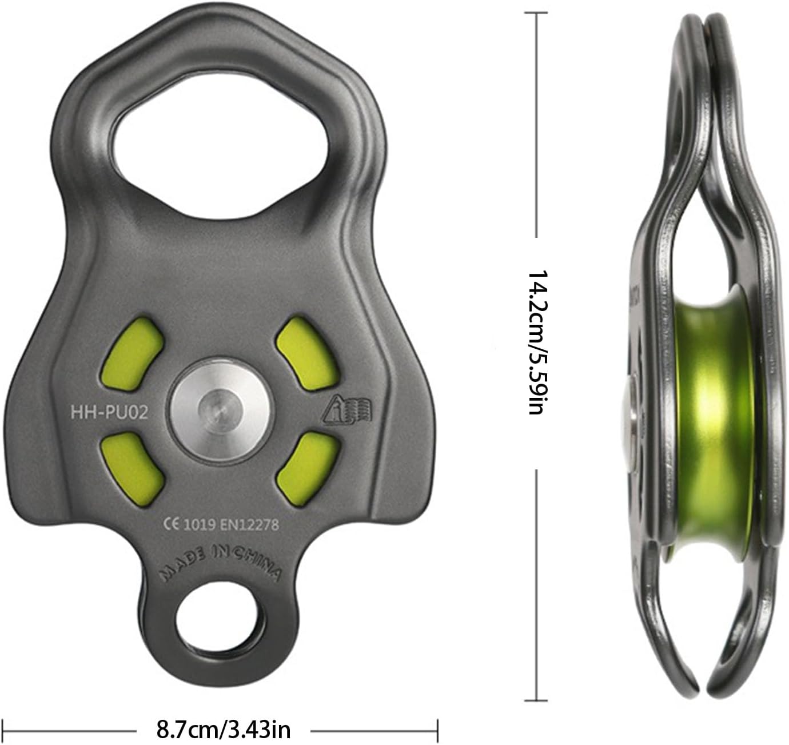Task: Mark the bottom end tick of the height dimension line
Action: point(537,699)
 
